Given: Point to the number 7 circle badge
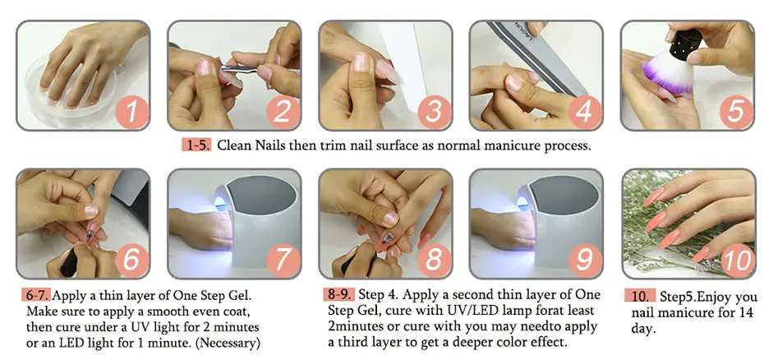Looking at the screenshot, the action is tap(282, 260).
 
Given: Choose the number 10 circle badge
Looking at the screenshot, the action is tap(737, 260).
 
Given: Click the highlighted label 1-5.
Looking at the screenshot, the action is tap(197, 145).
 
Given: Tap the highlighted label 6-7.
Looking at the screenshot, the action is tap(37, 295).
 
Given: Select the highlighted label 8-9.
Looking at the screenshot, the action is tap(338, 294).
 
